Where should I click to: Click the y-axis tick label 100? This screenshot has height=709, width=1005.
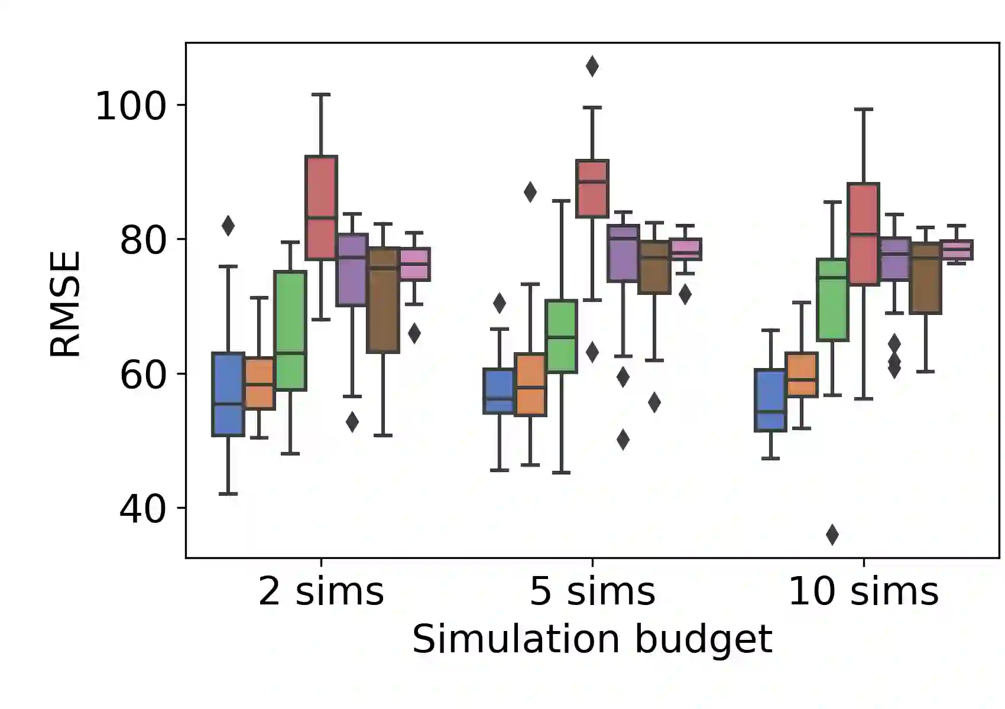[131, 107]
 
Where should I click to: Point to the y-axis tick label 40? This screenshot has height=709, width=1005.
[143, 509]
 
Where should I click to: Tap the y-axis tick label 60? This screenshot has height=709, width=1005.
[143, 375]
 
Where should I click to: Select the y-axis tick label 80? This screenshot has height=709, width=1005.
[143, 240]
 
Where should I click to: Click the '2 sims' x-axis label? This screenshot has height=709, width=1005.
[321, 591]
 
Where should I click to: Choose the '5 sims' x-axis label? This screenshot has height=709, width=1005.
[592, 591]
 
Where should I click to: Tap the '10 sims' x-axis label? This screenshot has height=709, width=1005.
[863, 591]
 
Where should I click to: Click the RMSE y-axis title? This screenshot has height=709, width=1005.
[65, 304]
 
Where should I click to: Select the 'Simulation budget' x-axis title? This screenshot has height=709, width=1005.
[592, 639]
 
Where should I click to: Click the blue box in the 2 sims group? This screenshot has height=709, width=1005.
[228, 394]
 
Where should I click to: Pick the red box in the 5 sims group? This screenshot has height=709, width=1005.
[592, 188]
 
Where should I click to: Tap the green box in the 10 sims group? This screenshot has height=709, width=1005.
[832, 300]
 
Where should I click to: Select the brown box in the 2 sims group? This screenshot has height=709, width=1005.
[383, 300]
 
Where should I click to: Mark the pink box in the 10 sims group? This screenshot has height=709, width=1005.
[957, 250]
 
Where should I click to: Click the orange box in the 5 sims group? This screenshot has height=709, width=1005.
[530, 385]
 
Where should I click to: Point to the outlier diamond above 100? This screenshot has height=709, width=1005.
[592, 66]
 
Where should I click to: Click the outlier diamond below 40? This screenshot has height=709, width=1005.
[832, 535]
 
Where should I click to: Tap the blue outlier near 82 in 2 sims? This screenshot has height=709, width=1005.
[228, 225]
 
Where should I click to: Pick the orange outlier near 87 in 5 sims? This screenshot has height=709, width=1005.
[530, 191]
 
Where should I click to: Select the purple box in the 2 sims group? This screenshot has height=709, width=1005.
[352, 270]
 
